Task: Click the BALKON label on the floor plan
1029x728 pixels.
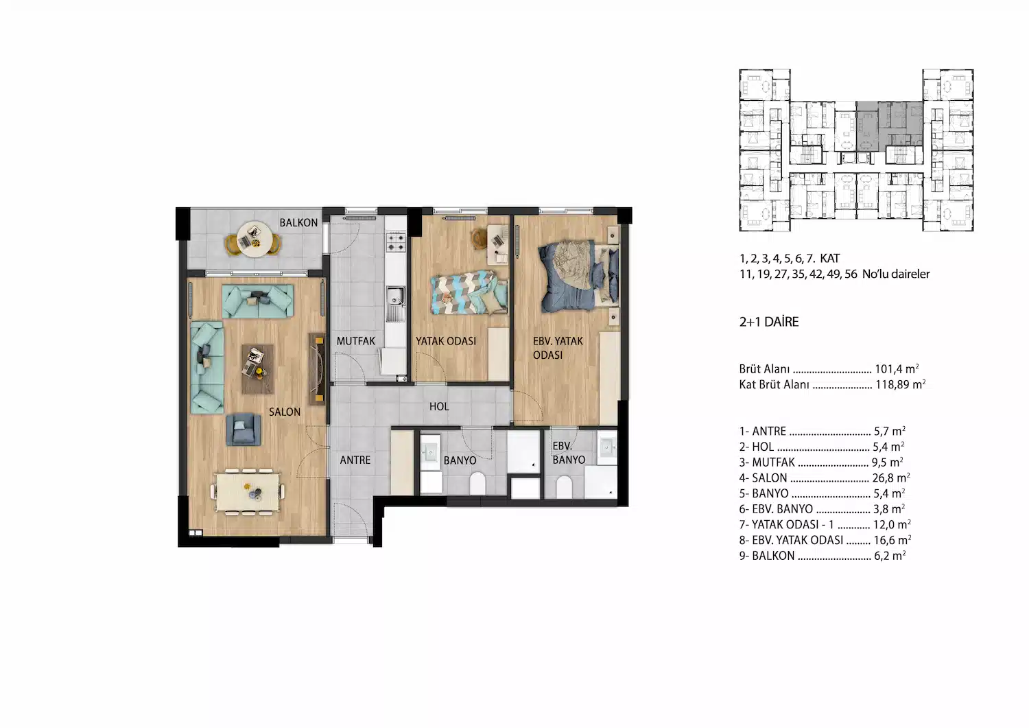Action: click(298, 222)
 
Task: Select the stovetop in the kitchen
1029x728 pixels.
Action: click(396, 242)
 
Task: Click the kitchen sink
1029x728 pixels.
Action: click(394, 304)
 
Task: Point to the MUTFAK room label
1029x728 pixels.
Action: click(355, 341)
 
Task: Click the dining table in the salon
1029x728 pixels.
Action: click(248, 493)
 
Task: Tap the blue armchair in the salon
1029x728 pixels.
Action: click(243, 430)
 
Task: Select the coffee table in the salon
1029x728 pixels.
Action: click(257, 369)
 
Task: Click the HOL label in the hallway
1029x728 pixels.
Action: click(439, 406)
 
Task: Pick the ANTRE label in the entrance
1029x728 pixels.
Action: click(355, 460)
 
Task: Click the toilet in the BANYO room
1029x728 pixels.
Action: click(477, 483)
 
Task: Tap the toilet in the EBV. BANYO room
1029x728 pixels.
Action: click(564, 486)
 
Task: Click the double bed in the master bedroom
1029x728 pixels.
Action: click(579, 277)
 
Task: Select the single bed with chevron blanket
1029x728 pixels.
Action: click(469, 293)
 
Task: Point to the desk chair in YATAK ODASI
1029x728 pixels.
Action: click(479, 239)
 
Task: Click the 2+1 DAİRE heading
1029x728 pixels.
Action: click(769, 322)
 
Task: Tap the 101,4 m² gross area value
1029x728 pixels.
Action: click(897, 368)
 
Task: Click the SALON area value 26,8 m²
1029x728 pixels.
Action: click(891, 478)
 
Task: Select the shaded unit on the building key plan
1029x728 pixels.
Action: click(889, 126)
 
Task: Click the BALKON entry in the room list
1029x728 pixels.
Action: click(823, 556)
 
